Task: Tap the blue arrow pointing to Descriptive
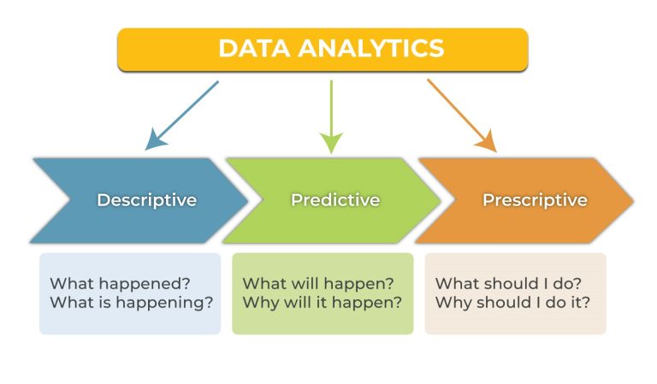[184, 114]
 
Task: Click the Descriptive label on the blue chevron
[146, 200]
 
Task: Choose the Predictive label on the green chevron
[335, 200]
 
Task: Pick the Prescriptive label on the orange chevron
[535, 200]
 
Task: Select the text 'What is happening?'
[131, 302]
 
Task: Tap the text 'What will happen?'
[318, 283]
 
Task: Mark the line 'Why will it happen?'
[323, 302]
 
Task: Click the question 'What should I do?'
[508, 283]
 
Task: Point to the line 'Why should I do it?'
[512, 302]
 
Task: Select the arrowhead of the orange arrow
[487, 141]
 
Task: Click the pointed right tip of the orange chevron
[630, 200]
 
